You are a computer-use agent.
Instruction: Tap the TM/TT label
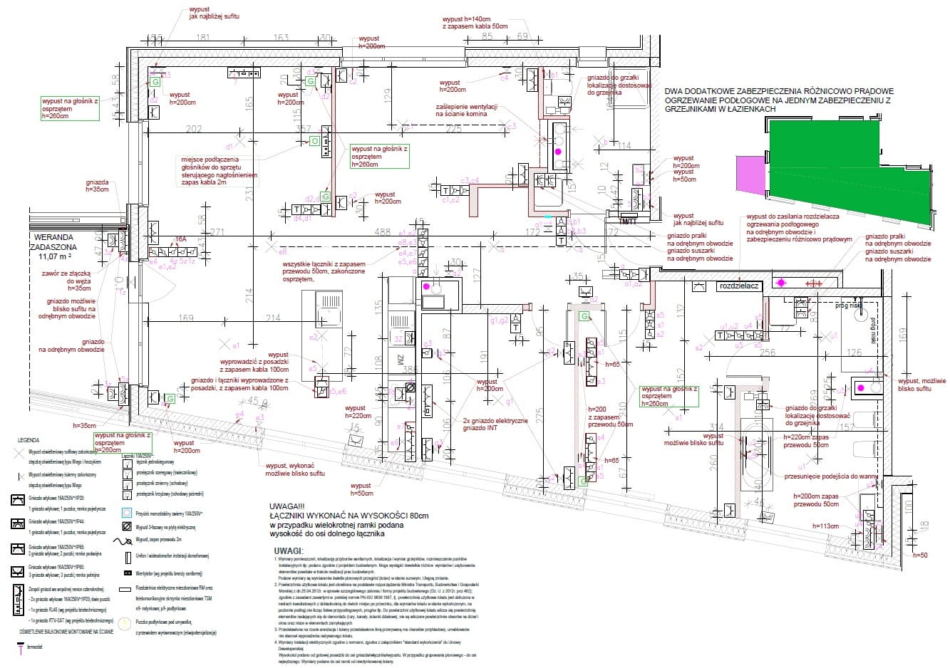click(x=627, y=222)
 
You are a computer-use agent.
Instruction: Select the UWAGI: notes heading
click(x=289, y=551)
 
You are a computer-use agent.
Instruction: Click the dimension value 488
click(x=383, y=232)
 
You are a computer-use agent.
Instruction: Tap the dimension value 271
click(x=217, y=232)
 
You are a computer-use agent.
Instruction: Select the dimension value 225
click(x=453, y=130)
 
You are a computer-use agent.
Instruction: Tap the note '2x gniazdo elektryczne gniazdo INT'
click(x=495, y=424)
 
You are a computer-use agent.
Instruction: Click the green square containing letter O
click(x=314, y=141)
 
